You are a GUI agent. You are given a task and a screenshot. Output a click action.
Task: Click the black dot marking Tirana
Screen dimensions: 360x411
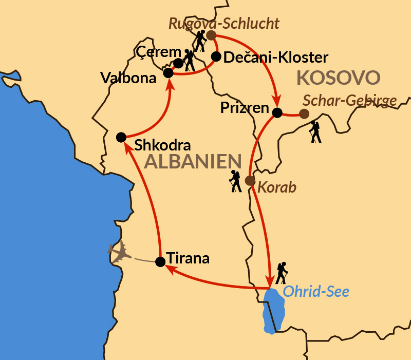[160, 261]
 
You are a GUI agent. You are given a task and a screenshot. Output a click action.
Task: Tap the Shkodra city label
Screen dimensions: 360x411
[162, 145]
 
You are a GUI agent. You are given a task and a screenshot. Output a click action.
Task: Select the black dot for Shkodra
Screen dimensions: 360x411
[121, 137]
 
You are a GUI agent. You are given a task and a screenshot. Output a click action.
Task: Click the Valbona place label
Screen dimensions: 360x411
[128, 78]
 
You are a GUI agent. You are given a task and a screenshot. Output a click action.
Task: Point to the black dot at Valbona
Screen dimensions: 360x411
[168, 73]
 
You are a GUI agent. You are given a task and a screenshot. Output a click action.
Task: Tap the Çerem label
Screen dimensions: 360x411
[159, 52]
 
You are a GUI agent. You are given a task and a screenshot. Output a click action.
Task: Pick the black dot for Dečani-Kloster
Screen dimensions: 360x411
[216, 56]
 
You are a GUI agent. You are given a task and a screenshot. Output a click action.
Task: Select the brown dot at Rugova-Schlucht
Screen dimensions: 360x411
[211, 35]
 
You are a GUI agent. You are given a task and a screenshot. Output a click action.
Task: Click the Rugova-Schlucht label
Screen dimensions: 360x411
[223, 23]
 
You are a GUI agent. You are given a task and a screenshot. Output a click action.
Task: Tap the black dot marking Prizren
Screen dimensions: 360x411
[277, 112]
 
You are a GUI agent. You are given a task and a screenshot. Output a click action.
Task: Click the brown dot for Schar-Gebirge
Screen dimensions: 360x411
[304, 113]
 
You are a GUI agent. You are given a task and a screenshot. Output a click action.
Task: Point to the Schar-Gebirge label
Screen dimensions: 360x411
[350, 101]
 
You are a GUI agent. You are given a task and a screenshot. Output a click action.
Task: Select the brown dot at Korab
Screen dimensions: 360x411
[250, 180]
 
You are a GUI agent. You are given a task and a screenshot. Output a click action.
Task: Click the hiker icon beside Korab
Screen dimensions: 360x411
[235, 181]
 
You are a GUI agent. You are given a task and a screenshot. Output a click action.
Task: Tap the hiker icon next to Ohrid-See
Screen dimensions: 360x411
[281, 273]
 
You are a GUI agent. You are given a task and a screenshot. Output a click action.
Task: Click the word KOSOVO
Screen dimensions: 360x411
[339, 78]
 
